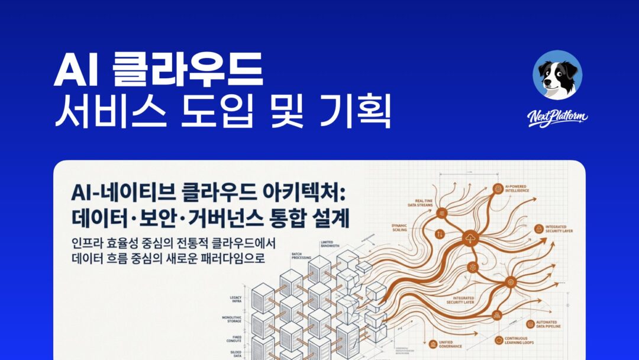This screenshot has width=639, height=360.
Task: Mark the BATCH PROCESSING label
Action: pos(302,256)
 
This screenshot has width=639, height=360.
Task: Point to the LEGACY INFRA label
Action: pos(235,300)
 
